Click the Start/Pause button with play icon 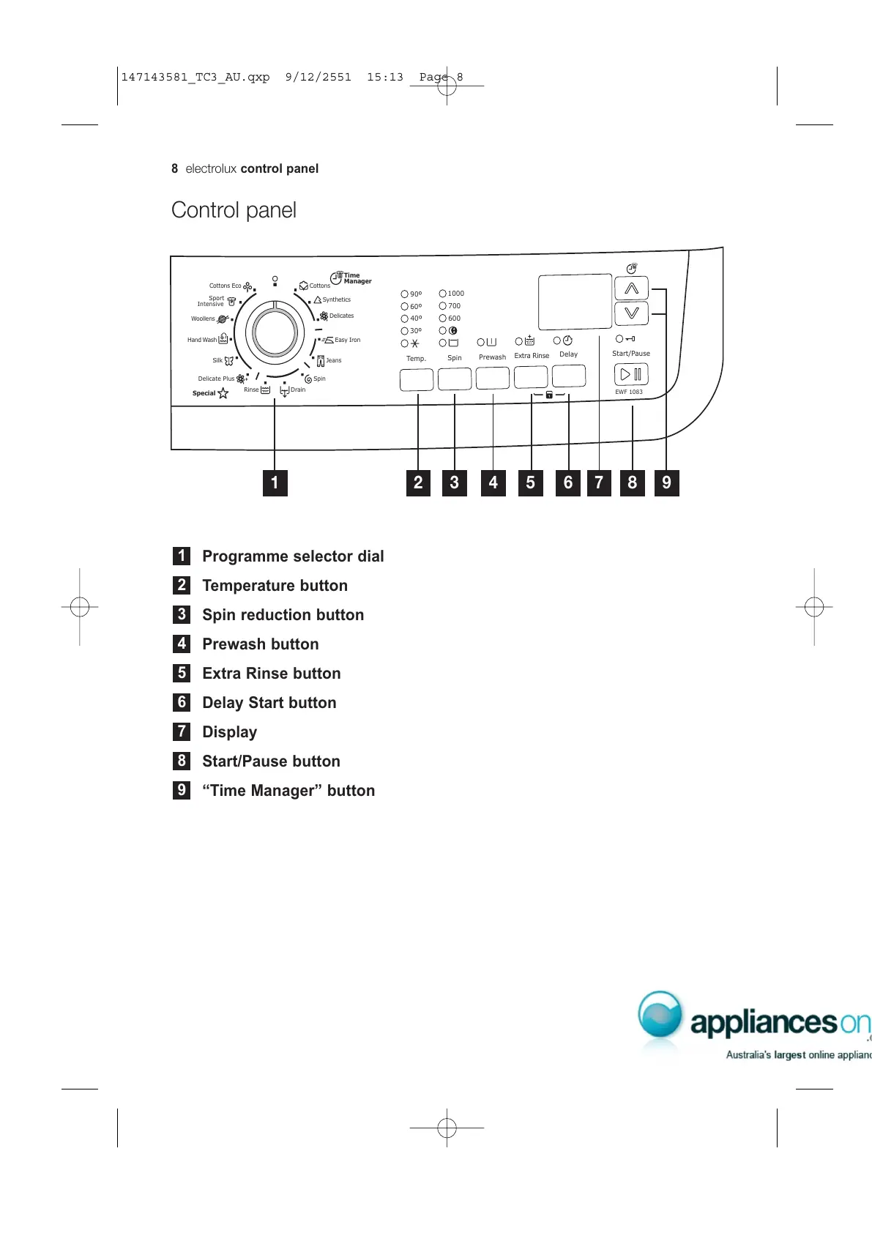631,374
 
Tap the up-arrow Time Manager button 631,289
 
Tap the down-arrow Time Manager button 631,313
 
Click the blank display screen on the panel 575,302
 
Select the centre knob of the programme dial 275,332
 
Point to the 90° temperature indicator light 405,294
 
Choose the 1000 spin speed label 456,294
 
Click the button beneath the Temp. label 417,379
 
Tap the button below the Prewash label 493,378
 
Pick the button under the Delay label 569,376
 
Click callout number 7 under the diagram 599,483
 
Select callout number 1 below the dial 275,483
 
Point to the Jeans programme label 334,360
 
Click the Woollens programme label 203,319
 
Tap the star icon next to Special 223,393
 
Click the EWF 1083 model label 629,392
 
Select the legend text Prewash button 261,644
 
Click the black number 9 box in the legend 182,790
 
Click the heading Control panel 234,210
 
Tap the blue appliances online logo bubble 660,1015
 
